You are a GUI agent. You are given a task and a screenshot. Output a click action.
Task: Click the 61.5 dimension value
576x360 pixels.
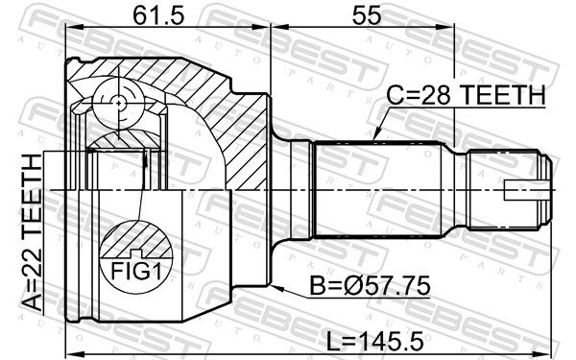157,15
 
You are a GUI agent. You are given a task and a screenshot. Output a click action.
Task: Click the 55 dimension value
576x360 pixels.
367,15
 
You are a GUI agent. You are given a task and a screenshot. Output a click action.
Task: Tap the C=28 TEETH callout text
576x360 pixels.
466,95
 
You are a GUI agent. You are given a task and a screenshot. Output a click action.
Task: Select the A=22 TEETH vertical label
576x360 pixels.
32,232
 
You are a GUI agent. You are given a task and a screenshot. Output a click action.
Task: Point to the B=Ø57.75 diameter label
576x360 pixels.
370,286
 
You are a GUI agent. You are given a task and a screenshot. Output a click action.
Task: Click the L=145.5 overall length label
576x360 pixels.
375,341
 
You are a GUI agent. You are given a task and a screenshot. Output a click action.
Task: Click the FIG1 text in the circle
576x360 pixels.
136,272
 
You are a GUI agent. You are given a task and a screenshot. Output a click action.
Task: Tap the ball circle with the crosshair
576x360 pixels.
118,104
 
